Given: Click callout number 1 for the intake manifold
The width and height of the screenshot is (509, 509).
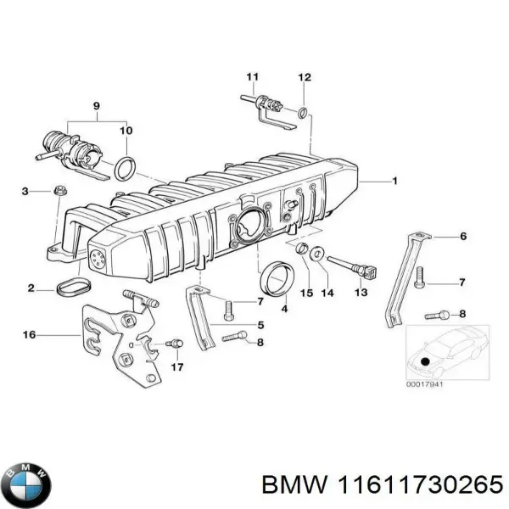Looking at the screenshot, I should pos(394,182).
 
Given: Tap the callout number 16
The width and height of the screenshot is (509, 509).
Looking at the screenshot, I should pos(29,335).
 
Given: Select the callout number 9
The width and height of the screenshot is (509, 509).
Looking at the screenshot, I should pos(96,106).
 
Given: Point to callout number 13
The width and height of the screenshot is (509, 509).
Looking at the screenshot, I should pos(361,293).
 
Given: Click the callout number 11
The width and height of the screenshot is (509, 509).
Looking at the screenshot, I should pos(251,77).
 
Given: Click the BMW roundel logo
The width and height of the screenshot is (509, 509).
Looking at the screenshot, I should pos(28,486).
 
